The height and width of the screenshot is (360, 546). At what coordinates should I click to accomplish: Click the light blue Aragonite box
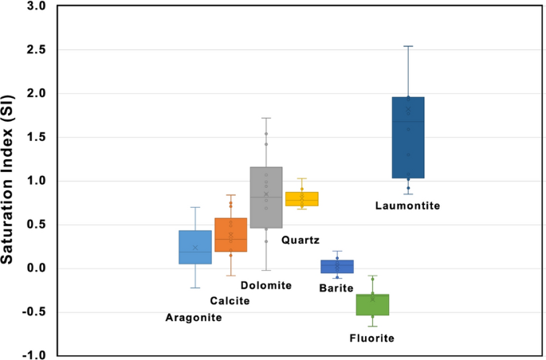(x=195, y=247)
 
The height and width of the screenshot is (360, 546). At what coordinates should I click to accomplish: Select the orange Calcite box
(x=231, y=235)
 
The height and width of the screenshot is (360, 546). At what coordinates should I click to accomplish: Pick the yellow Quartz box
(x=302, y=199)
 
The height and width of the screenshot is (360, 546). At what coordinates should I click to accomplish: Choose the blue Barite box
(x=337, y=266)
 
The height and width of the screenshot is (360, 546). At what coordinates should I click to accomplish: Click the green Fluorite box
(x=372, y=304)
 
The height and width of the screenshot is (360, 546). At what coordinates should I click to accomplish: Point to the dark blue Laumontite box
(x=408, y=138)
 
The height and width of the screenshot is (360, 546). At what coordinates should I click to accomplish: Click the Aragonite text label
(x=194, y=318)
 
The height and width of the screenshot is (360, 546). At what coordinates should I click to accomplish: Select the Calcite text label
(x=230, y=301)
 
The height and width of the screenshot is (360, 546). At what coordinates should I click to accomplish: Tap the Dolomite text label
(x=266, y=285)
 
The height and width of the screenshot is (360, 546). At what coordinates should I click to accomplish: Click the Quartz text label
(x=300, y=239)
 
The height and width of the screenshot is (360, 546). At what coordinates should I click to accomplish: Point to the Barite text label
(x=336, y=288)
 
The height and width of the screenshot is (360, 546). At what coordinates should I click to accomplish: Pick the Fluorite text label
(x=372, y=338)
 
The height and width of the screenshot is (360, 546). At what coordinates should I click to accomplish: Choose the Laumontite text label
(x=407, y=205)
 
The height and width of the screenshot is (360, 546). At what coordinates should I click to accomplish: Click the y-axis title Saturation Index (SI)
(x=14, y=181)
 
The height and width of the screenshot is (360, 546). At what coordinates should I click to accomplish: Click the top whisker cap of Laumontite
(x=408, y=46)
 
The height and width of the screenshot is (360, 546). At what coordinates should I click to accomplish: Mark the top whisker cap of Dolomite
(x=266, y=118)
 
